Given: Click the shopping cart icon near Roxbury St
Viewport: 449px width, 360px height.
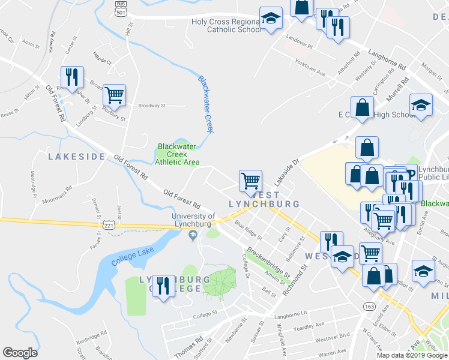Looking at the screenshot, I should pyautogui.click(x=114, y=94).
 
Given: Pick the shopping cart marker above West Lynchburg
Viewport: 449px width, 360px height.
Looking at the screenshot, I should pyautogui.click(x=250, y=179).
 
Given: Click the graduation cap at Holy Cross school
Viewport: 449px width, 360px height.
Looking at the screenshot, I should pyautogui.click(x=271, y=18).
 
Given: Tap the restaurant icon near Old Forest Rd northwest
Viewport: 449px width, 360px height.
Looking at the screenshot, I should pyautogui.click(x=71, y=77).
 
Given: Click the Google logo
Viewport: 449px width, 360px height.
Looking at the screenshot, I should pyautogui.click(x=20, y=353).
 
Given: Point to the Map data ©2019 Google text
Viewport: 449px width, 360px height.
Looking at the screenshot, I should pyautogui.click(x=412, y=355).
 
